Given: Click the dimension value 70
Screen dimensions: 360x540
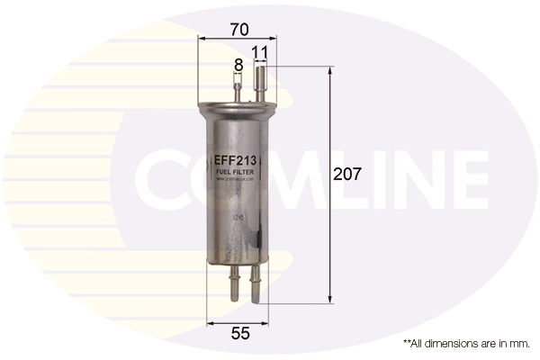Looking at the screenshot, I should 238,28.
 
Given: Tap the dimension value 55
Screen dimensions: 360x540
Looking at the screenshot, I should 239,334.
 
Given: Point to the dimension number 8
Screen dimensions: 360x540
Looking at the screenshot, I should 238,65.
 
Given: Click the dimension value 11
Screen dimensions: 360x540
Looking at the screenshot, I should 261,53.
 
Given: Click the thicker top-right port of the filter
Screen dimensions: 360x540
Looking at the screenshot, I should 262,85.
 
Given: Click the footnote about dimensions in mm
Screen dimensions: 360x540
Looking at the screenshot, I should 465,344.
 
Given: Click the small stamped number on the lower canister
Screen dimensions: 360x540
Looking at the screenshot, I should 238,217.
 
